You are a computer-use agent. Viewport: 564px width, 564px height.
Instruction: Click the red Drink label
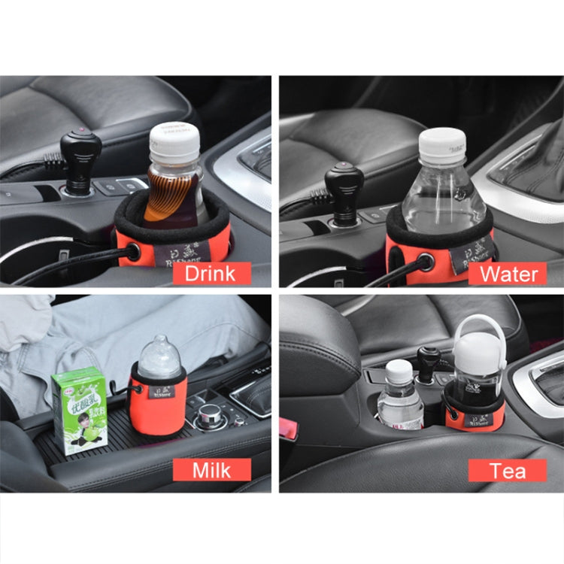(211, 272)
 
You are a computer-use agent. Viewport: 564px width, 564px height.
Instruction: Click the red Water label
(509, 272)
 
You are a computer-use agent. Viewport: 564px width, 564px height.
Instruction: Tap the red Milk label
(211, 470)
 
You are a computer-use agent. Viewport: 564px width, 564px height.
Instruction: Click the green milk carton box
(79, 410)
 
